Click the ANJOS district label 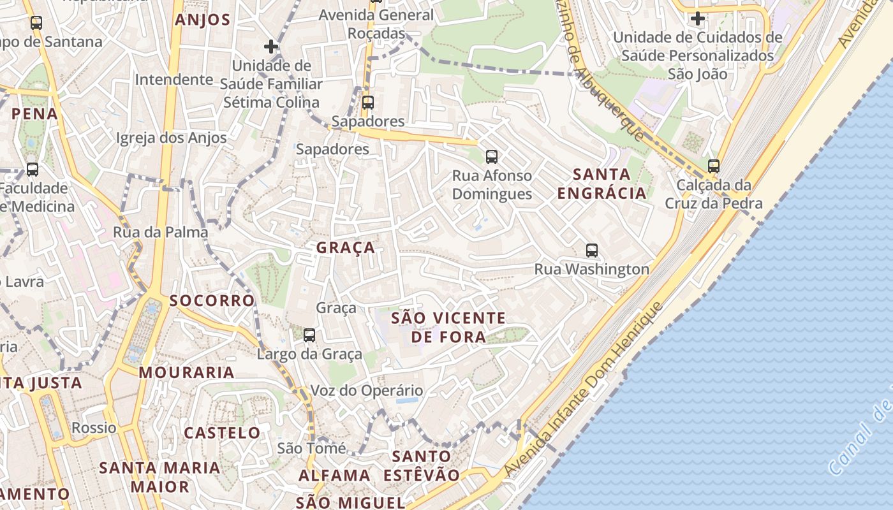coord(203,20)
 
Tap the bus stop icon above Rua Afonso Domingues coord(491,156)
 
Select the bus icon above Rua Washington coord(592,250)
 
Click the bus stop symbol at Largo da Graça coord(309,335)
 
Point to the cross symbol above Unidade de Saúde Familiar coord(271,47)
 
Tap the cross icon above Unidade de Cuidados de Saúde coord(698,18)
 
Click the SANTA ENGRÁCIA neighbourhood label coord(601,184)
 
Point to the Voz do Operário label coord(366,390)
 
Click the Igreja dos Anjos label coord(171,138)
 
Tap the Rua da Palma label coord(161,232)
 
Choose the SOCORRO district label coord(212,300)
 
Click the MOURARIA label coord(186,372)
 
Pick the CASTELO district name coord(222,433)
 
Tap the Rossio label coord(94,427)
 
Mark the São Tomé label coord(311,448)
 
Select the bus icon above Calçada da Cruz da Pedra coord(713,166)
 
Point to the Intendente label coord(173,80)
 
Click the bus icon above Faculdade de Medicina coord(33,170)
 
